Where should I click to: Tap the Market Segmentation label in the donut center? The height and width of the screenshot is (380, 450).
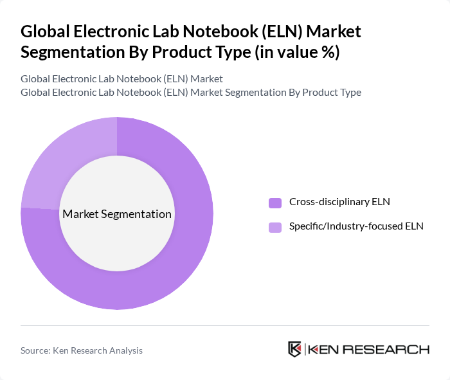pos(116,214)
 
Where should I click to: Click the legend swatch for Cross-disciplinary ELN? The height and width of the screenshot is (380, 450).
pos(275,203)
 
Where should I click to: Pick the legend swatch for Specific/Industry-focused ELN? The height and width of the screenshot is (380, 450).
pos(275,227)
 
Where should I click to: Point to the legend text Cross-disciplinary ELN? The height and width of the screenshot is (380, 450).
pos(339,202)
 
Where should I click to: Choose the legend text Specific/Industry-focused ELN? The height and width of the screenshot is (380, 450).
pos(356,226)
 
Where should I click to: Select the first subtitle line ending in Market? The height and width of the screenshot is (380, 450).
pos(122,78)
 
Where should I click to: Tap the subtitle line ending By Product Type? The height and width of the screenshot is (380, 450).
pos(190,92)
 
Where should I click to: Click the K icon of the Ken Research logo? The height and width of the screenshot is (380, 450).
pos(294,349)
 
